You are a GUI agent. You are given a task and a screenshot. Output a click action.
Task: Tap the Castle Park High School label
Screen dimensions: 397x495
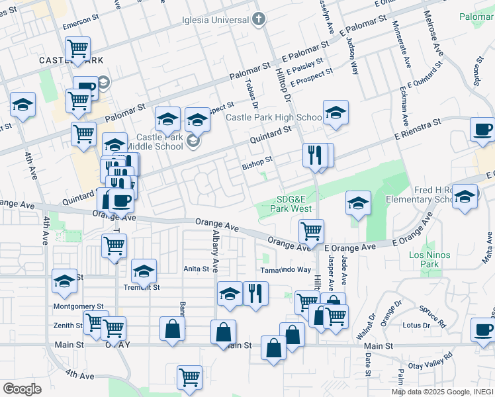tap(273, 118)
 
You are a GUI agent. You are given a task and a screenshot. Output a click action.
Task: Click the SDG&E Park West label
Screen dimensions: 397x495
tap(294, 204)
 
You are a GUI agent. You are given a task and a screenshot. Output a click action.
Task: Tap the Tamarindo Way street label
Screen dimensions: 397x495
tap(285, 269)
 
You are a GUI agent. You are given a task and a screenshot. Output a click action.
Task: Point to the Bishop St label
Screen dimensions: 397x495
tap(257, 161)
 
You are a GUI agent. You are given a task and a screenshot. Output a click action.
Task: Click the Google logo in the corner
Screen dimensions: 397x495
tap(22, 389)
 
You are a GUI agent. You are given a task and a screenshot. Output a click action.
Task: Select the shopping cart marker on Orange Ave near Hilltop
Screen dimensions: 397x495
tap(311, 231)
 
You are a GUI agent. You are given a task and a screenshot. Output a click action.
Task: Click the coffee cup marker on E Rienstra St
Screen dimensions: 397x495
tap(482, 130)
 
